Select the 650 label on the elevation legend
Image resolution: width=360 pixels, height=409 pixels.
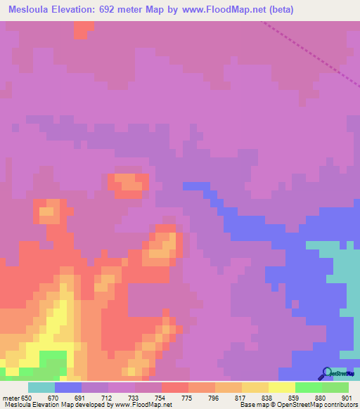[27, 397]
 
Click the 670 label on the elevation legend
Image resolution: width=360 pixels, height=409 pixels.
[54, 397]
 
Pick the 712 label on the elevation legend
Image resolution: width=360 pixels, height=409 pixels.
[108, 397]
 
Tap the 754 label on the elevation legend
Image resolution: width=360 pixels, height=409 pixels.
[161, 397]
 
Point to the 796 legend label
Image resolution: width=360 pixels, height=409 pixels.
[214, 397]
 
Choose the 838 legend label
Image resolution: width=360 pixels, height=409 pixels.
[268, 397]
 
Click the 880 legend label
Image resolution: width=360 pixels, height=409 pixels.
[321, 397]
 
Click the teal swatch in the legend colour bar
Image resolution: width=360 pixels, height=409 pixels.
[41, 387]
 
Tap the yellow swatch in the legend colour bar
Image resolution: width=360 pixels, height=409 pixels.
[281, 387]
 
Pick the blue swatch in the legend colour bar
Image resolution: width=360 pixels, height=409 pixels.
[67, 387]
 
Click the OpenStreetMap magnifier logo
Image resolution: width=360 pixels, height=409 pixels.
[326, 373]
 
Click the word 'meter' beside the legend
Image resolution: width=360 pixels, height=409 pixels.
[9, 397]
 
